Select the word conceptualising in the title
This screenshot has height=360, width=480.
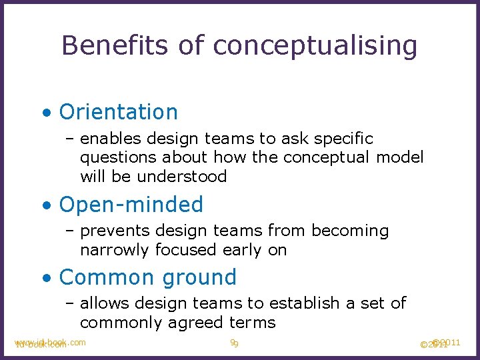pyautogui.click(x=315, y=47)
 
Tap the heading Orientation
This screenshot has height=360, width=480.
pyautogui.click(x=119, y=111)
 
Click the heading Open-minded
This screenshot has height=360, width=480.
pyautogui.click(x=131, y=204)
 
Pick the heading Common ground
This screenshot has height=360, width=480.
pyautogui.click(x=147, y=277)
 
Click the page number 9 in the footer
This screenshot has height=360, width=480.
pyautogui.click(x=234, y=343)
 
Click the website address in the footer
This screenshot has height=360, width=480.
pyautogui.click(x=49, y=343)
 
